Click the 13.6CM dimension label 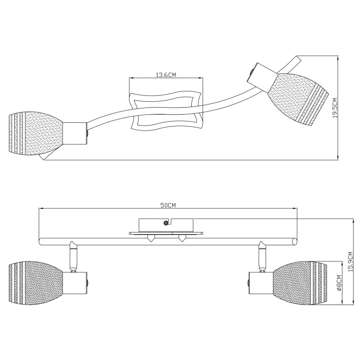tap(166, 75)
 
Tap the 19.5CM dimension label tap(335, 108)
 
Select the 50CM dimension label tap(168, 206)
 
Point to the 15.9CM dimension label tap(350, 262)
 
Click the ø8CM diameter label tap(339, 283)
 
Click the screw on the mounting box tap(166, 223)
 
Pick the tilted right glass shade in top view tap(298, 99)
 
